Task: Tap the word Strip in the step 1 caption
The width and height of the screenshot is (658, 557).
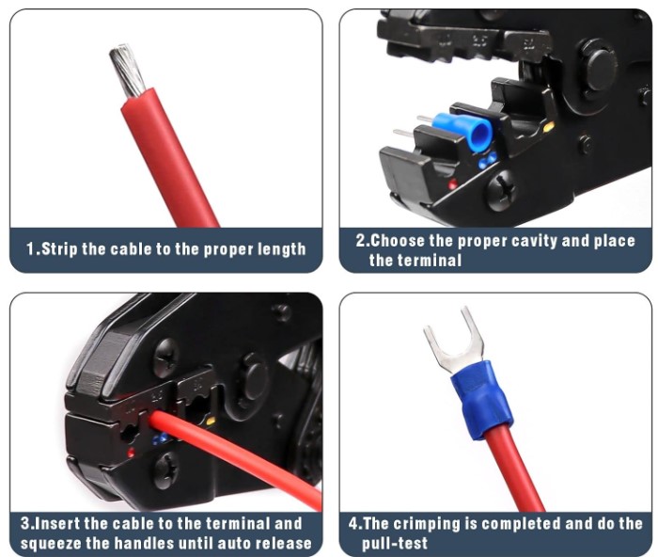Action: click(59, 248)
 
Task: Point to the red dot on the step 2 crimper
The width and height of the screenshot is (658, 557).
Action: click(453, 183)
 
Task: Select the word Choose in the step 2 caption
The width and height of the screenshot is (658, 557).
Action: click(398, 241)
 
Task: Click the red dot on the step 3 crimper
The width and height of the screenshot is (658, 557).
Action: click(131, 453)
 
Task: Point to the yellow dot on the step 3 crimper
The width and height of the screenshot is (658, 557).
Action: click(211, 421)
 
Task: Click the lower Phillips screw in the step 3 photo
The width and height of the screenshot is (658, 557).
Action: click(166, 470)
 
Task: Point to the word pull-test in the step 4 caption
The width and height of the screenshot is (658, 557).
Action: click(395, 544)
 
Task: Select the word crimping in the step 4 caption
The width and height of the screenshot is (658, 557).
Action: click(427, 524)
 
